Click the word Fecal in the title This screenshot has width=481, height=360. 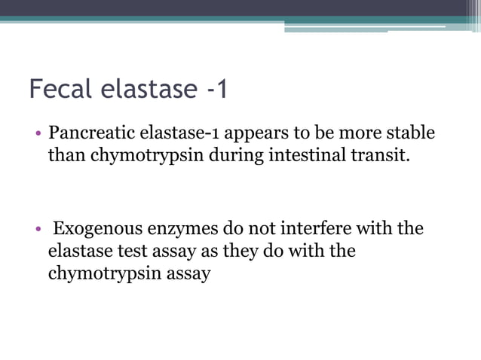tap(59, 90)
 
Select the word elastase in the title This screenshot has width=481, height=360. tap(147, 90)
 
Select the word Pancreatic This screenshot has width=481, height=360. tap(90, 134)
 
